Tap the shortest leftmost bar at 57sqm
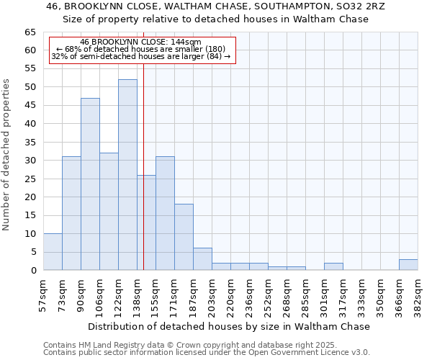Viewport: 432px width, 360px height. pyautogui.click(x=53, y=252)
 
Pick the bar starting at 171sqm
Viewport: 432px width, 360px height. pyautogui.click(x=184, y=237)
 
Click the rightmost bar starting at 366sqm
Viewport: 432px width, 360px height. pyautogui.click(x=408, y=265)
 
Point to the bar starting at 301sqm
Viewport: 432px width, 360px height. pyautogui.click(x=333, y=266)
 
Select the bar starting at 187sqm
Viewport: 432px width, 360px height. pyautogui.click(x=202, y=259)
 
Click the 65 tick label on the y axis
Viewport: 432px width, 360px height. pyautogui.click(x=30, y=32)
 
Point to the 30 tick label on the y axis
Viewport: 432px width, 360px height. pyautogui.click(x=30, y=161)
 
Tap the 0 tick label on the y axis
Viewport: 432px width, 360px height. pyautogui.click(x=32, y=271)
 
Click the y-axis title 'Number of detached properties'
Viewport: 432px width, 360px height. pyautogui.click(x=6, y=155)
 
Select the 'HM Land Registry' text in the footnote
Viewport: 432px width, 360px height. pyautogui.click(x=103, y=345)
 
